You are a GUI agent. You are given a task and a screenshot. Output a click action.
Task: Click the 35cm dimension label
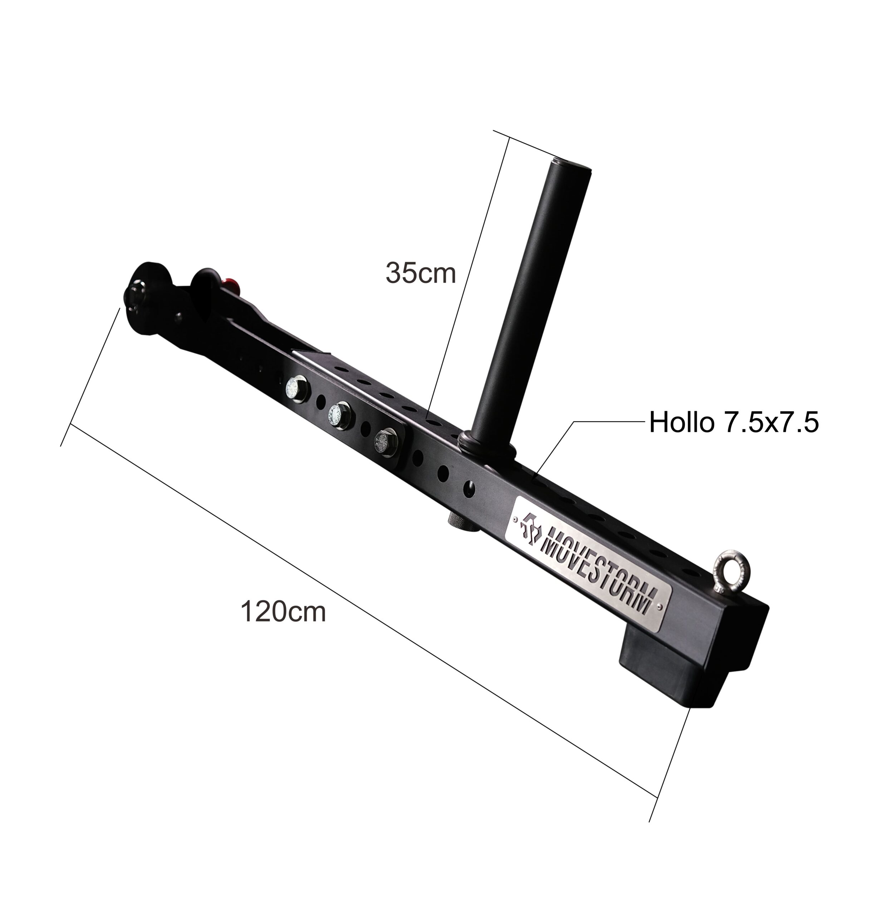pyautogui.click(x=420, y=273)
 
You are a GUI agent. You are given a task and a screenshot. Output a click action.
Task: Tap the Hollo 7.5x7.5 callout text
pyautogui.click(x=734, y=422)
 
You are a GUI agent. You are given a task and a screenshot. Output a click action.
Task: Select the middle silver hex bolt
pyautogui.click(x=340, y=414)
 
